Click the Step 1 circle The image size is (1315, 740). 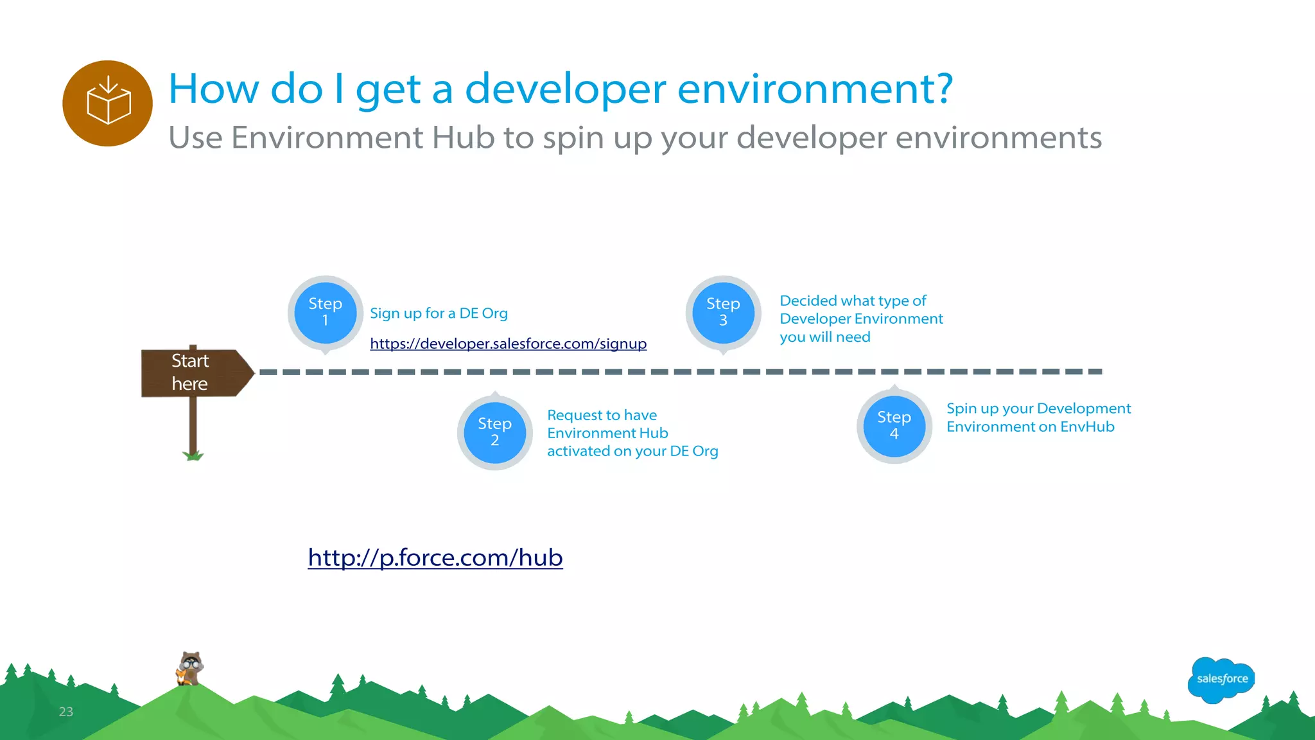[325, 312]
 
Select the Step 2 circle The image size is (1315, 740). [494, 432]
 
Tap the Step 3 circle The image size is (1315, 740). [723, 312]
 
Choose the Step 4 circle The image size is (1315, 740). [894, 426]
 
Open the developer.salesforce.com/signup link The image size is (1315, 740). [508, 344]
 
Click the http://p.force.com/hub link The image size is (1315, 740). [435, 558]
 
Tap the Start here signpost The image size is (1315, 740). [193, 373]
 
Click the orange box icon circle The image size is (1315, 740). [108, 103]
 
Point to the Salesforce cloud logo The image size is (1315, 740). [1221, 679]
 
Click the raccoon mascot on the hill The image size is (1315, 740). [189, 669]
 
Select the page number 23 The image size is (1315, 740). [66, 712]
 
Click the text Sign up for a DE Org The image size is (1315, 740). [439, 313]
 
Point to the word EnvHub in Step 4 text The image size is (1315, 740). [1087, 427]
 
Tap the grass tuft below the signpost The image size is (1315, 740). [193, 456]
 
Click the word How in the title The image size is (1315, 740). [214, 89]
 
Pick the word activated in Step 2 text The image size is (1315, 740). [578, 452]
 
